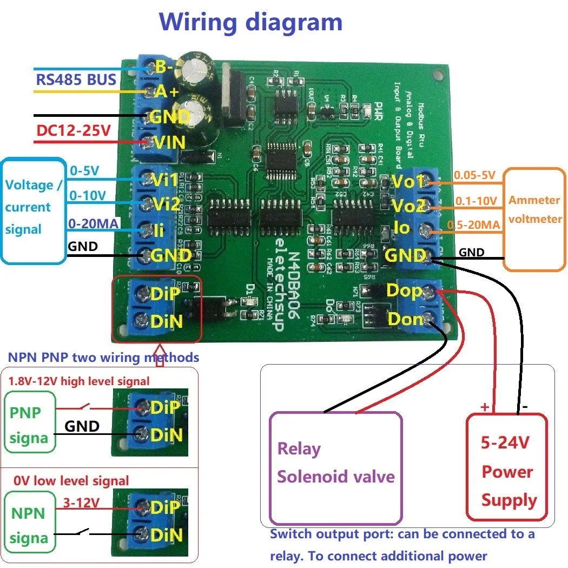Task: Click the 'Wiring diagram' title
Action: point(250,23)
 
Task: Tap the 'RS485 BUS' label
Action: point(76,80)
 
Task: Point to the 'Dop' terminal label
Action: point(404,291)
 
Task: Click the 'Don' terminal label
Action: point(405,319)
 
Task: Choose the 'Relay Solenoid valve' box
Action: point(335,468)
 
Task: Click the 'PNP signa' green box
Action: point(29,425)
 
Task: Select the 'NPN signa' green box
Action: point(29,525)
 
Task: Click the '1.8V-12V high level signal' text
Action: point(78,381)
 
